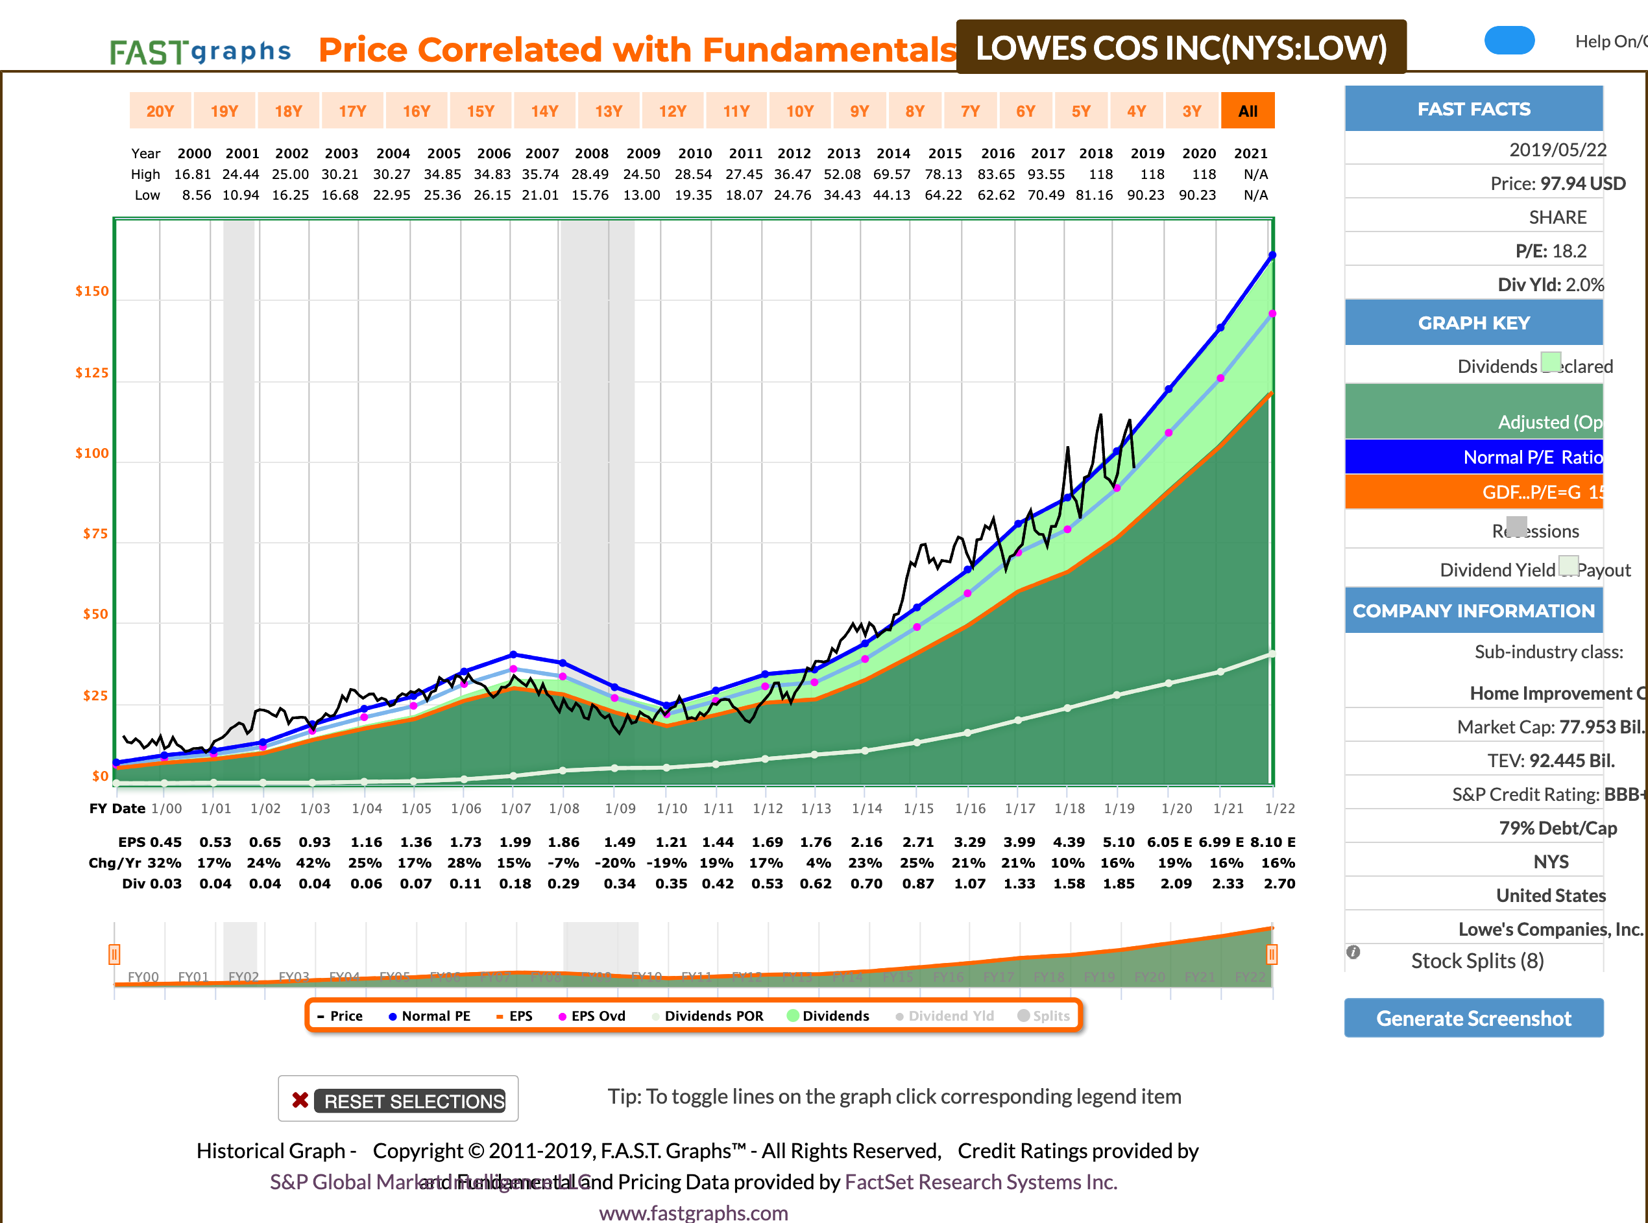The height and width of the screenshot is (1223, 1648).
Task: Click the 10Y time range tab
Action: [800, 111]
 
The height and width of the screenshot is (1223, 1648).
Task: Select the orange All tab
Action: [1247, 111]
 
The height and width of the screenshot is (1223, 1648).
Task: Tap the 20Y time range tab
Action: [160, 111]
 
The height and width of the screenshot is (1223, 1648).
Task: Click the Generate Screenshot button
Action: [1473, 1018]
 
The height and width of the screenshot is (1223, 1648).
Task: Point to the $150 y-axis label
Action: [92, 291]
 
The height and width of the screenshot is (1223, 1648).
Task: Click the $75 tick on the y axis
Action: [95, 534]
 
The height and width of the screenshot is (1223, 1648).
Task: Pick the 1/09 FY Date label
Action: [620, 809]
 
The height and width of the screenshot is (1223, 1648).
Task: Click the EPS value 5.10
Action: [1119, 842]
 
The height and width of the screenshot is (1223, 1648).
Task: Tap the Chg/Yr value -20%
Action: [615, 862]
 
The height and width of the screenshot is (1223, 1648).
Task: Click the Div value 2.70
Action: [1279, 883]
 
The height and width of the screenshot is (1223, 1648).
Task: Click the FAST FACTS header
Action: [1473, 109]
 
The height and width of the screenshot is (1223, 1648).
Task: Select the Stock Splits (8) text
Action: [1477, 960]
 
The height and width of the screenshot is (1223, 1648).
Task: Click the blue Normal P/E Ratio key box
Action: [1473, 457]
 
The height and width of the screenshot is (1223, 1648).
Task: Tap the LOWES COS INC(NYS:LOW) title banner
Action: [1181, 47]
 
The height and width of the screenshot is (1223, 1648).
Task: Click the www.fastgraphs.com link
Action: [694, 1212]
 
